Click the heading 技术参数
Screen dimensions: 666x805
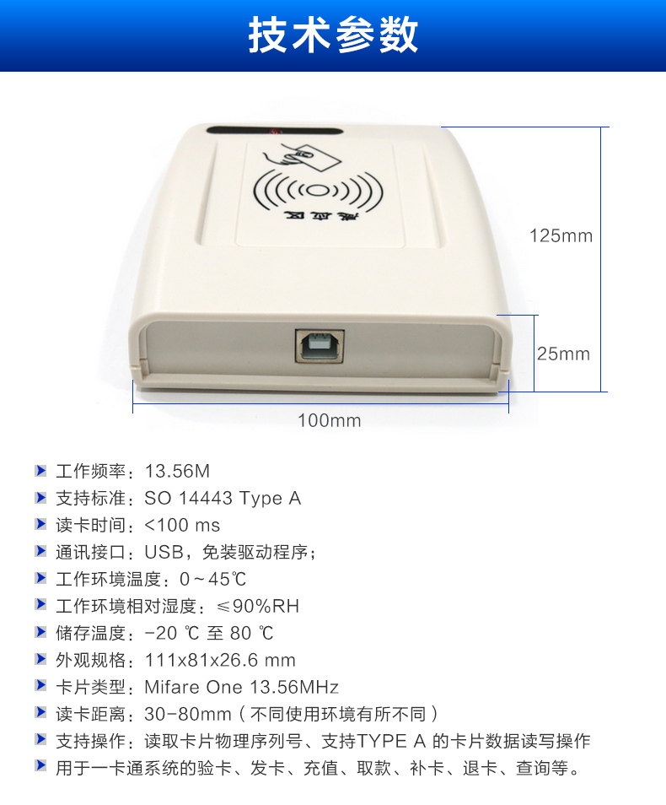point(334,35)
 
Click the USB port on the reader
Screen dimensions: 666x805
point(320,347)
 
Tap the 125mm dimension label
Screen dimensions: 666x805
point(561,235)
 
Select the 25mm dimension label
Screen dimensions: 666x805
point(563,354)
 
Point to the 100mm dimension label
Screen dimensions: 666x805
point(330,420)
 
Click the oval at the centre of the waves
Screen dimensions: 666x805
point(318,191)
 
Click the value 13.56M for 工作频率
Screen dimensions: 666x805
point(178,471)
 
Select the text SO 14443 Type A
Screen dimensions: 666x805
point(223,498)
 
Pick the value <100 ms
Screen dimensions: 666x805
point(182,525)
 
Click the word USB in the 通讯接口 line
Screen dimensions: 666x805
point(164,552)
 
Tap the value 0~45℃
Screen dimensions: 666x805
point(213,579)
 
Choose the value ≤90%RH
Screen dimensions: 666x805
point(258,606)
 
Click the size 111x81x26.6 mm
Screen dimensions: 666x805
point(220,660)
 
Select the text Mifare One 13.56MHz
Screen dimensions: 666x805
point(242,687)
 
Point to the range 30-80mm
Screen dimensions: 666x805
point(188,714)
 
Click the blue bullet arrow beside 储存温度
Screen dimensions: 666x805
point(40,632)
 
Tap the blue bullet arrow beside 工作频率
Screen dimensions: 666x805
point(40,470)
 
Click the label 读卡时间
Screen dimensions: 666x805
point(91,525)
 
